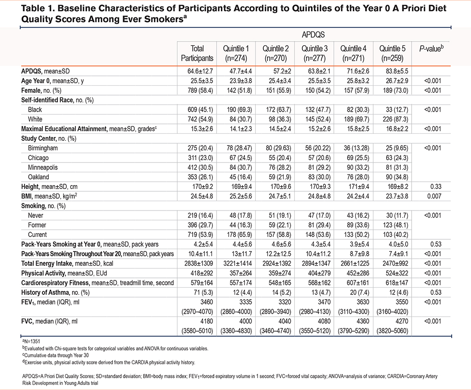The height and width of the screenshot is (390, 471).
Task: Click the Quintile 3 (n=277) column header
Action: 315,53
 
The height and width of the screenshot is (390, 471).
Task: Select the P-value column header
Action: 431,49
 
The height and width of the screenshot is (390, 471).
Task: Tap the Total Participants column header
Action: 197,53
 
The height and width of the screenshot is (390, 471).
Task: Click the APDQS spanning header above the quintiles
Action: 313,35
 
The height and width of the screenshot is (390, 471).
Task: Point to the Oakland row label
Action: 39,177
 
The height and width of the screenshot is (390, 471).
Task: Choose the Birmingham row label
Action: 43,148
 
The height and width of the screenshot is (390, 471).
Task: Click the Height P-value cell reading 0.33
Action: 436,187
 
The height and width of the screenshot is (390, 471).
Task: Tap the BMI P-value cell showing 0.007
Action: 434,196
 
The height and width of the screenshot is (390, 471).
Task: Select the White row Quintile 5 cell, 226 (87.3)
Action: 395,119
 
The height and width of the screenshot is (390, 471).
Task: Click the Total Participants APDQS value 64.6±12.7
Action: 200,71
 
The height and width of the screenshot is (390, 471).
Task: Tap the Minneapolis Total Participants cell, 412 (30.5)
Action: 200,167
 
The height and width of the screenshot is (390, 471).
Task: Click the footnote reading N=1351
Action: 31,341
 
